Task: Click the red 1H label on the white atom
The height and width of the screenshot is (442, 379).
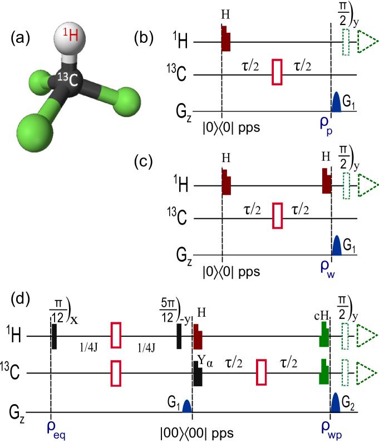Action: pyautogui.click(x=70, y=36)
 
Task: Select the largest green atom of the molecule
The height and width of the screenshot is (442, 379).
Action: pyautogui.click(x=35, y=132)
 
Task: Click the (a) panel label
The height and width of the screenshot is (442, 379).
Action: pyautogui.click(x=20, y=38)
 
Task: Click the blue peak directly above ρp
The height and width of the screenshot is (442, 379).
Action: pyautogui.click(x=336, y=102)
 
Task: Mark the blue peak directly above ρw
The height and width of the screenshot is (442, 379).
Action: pyautogui.click(x=336, y=245)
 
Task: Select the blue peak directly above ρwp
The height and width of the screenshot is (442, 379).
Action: pyautogui.click(x=335, y=402)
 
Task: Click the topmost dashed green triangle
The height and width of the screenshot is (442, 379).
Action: pyautogui.click(x=366, y=42)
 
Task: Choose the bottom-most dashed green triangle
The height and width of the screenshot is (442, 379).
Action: pyautogui.click(x=366, y=372)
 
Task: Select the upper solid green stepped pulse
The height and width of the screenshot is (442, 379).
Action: pyautogui.click(x=324, y=335)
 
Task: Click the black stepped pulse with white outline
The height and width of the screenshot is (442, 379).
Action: pyautogui.click(x=197, y=374)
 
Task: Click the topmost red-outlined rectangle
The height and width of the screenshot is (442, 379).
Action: pyautogui.click(x=277, y=72)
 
